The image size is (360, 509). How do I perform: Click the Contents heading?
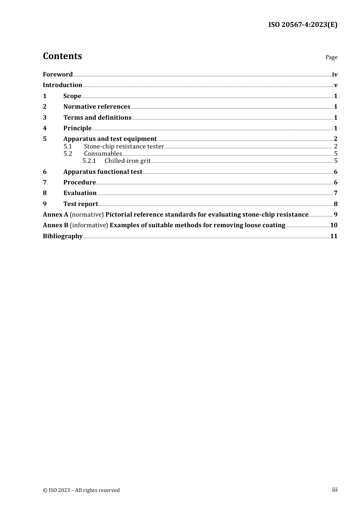click(x=62, y=56)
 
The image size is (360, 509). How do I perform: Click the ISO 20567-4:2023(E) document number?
click(x=303, y=25)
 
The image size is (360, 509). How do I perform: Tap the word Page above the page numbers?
click(x=331, y=57)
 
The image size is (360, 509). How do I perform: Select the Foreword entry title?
click(x=58, y=75)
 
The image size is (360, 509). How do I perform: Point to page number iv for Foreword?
click(x=335, y=75)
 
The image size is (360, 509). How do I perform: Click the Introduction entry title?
click(x=62, y=85)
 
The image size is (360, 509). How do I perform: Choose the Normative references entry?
click(x=97, y=107)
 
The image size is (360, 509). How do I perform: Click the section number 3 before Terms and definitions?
click(x=45, y=117)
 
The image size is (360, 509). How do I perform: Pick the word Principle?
click(x=77, y=128)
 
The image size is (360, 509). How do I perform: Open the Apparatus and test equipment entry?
click(x=110, y=139)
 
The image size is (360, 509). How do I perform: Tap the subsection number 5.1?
click(x=67, y=147)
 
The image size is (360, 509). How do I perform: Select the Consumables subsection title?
click(x=103, y=154)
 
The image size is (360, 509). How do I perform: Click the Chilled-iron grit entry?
click(x=127, y=161)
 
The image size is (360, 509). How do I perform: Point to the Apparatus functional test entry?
click(x=103, y=172)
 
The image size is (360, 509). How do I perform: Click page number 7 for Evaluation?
click(x=335, y=193)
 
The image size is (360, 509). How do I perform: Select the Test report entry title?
click(x=80, y=204)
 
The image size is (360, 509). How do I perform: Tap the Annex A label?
click(x=55, y=215)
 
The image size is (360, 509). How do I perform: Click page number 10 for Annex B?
click(x=333, y=225)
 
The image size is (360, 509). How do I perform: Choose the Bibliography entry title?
click(x=63, y=236)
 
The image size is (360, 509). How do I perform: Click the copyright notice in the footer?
click(x=81, y=490)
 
